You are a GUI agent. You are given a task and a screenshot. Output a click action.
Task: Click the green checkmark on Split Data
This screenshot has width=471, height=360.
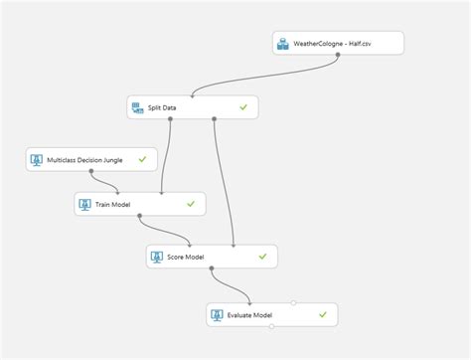click(x=242, y=106)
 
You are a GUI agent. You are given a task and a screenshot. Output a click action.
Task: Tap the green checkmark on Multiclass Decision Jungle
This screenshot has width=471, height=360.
click(x=143, y=159)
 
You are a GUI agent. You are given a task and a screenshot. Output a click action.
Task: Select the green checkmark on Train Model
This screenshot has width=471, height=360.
click(x=190, y=205)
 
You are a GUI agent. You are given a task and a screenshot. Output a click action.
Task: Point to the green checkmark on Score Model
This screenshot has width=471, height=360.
click(x=262, y=257)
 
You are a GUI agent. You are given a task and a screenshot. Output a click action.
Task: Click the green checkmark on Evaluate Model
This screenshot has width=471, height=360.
click(x=323, y=315)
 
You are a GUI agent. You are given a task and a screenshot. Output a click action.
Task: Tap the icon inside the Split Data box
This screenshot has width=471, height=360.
click(x=139, y=106)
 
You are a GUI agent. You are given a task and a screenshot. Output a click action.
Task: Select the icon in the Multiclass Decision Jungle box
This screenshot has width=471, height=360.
click(x=37, y=159)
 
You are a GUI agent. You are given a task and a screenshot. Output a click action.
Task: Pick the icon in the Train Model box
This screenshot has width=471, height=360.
click(x=87, y=205)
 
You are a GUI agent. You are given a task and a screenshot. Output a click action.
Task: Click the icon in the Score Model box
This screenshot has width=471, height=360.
click(x=156, y=257)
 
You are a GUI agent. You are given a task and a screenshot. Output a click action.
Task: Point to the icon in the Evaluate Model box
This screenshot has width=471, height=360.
click(x=219, y=315)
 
